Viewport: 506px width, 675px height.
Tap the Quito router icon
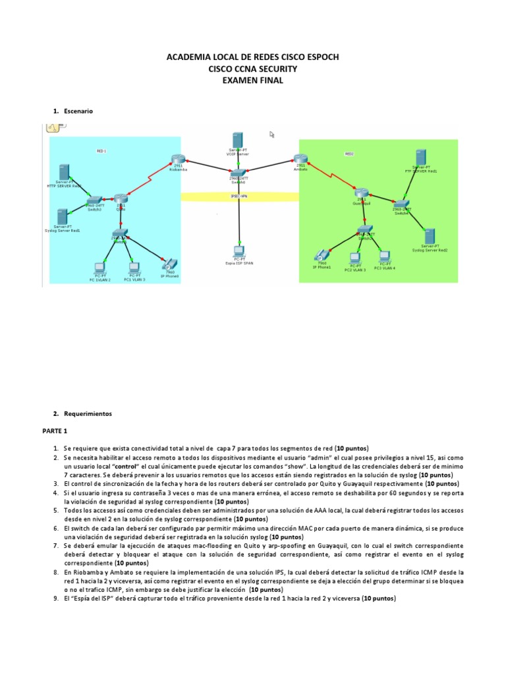[119, 198]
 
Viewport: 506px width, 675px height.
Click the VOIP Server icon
[239, 140]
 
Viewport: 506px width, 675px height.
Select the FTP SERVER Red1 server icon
[420, 158]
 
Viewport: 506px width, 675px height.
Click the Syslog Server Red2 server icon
[429, 236]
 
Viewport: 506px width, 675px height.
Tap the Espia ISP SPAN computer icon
[239, 252]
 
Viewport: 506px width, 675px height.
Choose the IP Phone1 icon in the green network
[322, 254]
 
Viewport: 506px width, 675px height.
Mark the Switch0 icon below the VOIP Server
[239, 171]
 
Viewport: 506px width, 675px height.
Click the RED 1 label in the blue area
[101, 151]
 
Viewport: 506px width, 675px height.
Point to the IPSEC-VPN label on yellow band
[239, 196]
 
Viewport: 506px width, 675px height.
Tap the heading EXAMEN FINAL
[253, 80]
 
